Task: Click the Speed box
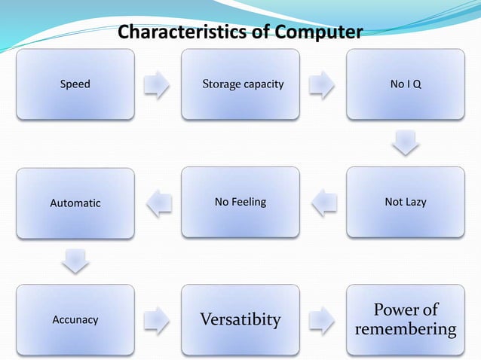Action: point(75,84)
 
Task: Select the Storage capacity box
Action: point(240,84)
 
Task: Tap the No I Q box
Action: point(406,84)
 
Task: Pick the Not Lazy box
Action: point(406,202)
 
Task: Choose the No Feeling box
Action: point(240,202)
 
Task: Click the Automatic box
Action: point(75,202)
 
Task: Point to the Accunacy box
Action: point(75,319)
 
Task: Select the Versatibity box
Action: point(240,319)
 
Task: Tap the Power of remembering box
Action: point(406,319)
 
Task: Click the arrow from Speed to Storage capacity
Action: point(158,84)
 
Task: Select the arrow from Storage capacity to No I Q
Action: point(323,84)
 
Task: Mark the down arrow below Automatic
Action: point(75,261)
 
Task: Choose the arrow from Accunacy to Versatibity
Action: point(158,319)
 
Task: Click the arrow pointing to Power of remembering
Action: point(323,319)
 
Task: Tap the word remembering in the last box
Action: point(406,330)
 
